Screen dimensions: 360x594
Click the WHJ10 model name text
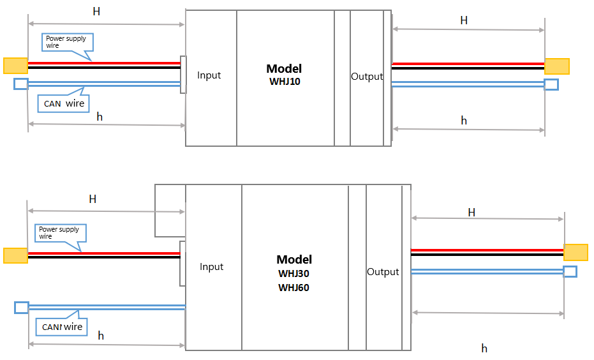pyautogui.click(x=285, y=82)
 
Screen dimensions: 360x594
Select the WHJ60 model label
pyautogui.click(x=293, y=288)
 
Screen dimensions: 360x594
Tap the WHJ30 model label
pyautogui.click(x=293, y=274)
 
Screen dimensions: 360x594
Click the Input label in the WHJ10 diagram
pyautogui.click(x=209, y=75)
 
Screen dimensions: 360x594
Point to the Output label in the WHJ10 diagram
pyautogui.click(x=367, y=77)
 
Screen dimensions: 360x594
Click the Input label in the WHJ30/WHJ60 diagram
pyautogui.click(x=211, y=267)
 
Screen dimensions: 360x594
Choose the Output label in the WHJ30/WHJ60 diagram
pyautogui.click(x=383, y=272)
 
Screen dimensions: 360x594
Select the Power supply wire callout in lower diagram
pyautogui.click(x=61, y=233)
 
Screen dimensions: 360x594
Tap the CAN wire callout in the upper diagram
pyautogui.click(x=64, y=103)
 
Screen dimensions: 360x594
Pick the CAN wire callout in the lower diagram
pyautogui.click(x=62, y=327)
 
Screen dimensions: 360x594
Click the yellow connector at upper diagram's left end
pyautogui.click(x=15, y=65)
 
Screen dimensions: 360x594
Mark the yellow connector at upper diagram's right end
pyautogui.click(x=556, y=66)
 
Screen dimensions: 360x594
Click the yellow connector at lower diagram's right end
pyautogui.click(x=575, y=252)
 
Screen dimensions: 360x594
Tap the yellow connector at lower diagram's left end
pyautogui.click(x=15, y=255)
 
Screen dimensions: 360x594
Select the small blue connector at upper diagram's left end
pyautogui.click(x=21, y=84)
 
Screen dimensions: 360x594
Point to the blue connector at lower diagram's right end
pyautogui.click(x=570, y=272)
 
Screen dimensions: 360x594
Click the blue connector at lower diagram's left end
pyautogui.click(x=22, y=308)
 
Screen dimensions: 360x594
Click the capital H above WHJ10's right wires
pyautogui.click(x=464, y=20)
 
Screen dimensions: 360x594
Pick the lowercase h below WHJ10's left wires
pyautogui.click(x=99, y=116)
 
